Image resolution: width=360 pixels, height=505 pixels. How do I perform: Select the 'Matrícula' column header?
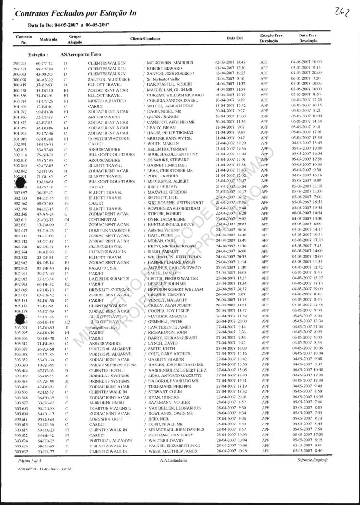pyautogui.click(x=48, y=38)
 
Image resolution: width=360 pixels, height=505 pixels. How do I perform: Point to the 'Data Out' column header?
pyautogui.click(x=235, y=38)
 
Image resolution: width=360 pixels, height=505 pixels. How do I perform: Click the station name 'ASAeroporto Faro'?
pyautogui.click(x=82, y=55)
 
